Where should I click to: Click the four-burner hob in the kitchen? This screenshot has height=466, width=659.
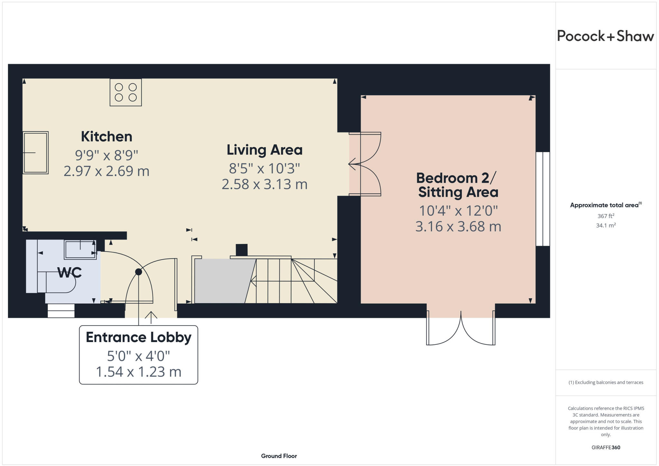pyautogui.click(x=125, y=92)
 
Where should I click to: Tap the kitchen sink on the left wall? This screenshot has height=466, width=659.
pyautogui.click(x=35, y=153)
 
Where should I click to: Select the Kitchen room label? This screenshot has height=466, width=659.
pyautogui.click(x=107, y=137)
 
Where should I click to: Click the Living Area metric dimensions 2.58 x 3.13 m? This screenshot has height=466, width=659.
pyautogui.click(x=265, y=184)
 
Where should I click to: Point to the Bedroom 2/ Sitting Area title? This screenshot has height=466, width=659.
pyautogui.click(x=458, y=185)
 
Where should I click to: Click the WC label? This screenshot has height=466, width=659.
pyautogui.click(x=70, y=273)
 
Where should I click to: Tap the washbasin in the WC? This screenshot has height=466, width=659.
pyautogui.click(x=80, y=250)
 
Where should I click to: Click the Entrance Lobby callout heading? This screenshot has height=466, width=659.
pyautogui.click(x=138, y=338)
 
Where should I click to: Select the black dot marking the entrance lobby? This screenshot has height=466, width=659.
pyautogui.click(x=138, y=272)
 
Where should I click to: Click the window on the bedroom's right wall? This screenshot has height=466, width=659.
pyautogui.click(x=543, y=199)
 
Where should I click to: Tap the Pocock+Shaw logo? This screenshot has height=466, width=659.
pyautogui.click(x=605, y=36)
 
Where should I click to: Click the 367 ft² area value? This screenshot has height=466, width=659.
pyautogui.click(x=606, y=216)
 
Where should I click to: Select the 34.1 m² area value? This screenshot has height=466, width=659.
pyautogui.click(x=606, y=225)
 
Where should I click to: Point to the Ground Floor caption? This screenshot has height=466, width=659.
pyautogui.click(x=279, y=456)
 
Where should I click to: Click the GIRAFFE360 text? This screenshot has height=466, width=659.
pyautogui.click(x=606, y=447)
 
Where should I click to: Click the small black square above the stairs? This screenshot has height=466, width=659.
pyautogui.click(x=242, y=250)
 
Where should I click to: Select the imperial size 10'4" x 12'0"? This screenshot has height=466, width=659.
pyautogui.click(x=458, y=211)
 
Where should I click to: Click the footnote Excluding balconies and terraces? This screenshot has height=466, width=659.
pyautogui.click(x=606, y=383)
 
